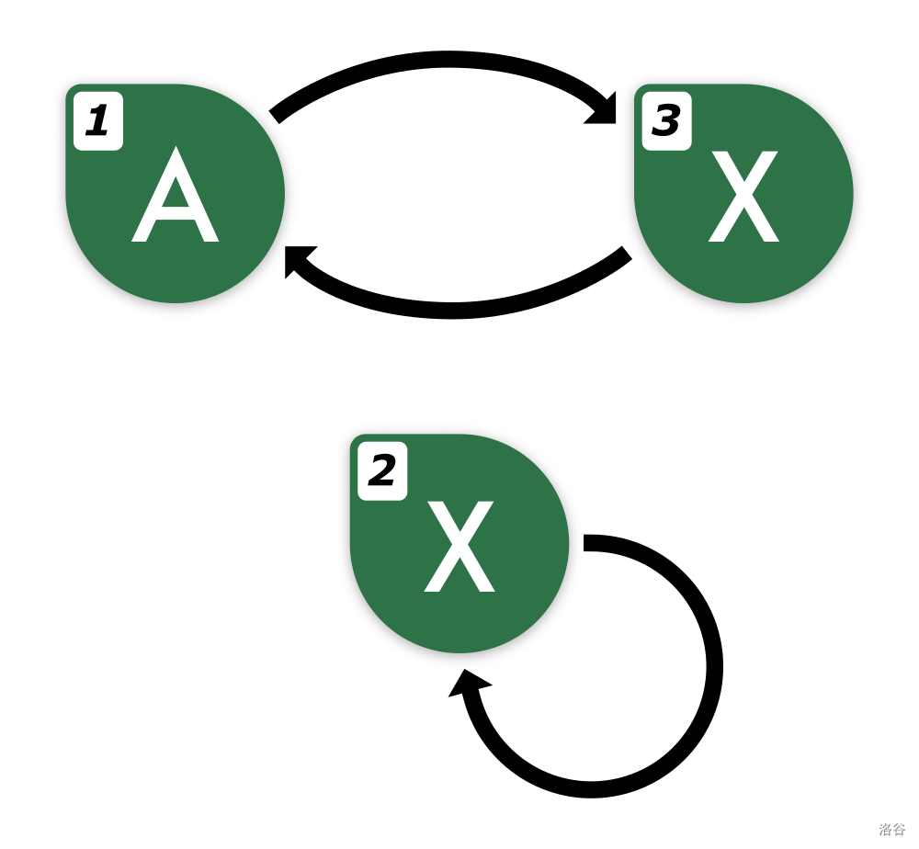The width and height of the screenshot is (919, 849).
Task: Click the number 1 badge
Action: coord(98,121)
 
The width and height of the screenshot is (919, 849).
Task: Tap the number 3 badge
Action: coord(667,121)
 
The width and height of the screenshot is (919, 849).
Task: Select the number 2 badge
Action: coord(382,471)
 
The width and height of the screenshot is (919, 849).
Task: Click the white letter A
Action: coord(176,194)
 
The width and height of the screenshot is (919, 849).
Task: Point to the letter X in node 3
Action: coord(743,197)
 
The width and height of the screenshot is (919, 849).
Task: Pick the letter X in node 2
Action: coord(459,546)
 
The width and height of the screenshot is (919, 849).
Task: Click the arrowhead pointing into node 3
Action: coord(603,109)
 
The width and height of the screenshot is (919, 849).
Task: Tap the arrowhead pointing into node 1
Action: coord(299,261)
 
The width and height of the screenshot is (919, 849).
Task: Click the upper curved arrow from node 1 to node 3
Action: coord(449,59)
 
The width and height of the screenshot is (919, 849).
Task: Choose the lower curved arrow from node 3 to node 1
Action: coord(451,311)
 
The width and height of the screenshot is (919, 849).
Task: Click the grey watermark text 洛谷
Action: coord(892,829)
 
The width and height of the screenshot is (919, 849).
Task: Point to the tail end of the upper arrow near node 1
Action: coord(274,117)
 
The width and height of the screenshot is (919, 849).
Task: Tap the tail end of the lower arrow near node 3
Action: coord(627,253)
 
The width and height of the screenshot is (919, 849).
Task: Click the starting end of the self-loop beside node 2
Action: coord(584,542)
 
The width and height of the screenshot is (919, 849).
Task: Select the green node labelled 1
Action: coord(176,193)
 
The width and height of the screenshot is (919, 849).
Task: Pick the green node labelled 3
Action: coord(743,193)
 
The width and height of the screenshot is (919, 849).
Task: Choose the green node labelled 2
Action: coord(459,543)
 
